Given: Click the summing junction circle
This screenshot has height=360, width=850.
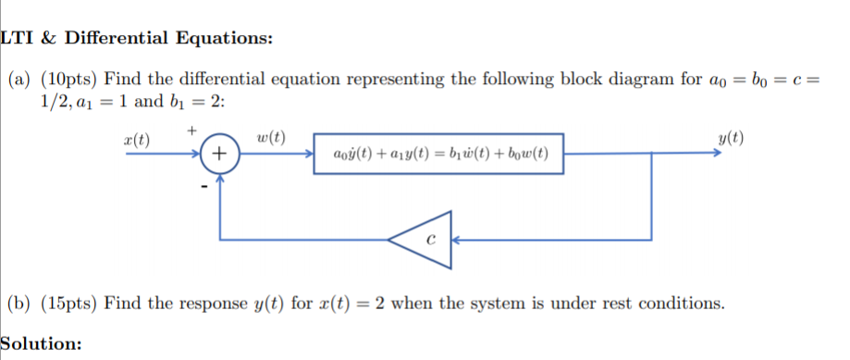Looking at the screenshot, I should [219, 154].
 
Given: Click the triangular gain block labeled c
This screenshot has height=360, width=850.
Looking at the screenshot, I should [420, 238].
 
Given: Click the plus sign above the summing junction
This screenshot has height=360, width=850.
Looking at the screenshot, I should [191, 130].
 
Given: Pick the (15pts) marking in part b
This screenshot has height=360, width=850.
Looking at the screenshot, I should [69, 304].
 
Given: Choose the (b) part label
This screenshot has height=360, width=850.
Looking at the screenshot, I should [20, 304].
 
